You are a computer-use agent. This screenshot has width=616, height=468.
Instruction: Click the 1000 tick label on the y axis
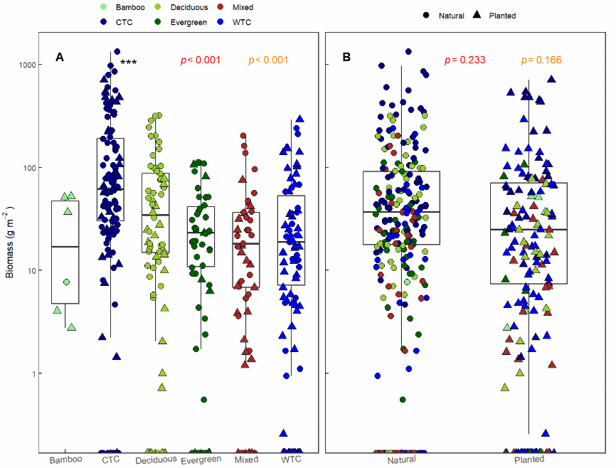tap(26, 65)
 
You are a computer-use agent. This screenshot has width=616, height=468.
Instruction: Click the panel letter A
tap(60, 58)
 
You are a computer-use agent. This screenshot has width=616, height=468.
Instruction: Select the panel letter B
tap(346, 58)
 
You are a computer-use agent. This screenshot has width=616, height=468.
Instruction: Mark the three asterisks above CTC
tap(129, 63)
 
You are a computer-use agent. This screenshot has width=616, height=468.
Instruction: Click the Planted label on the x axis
tap(529, 460)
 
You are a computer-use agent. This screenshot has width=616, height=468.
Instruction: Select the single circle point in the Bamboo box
tap(66, 282)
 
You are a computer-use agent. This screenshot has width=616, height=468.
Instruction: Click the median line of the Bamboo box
tap(65, 247)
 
